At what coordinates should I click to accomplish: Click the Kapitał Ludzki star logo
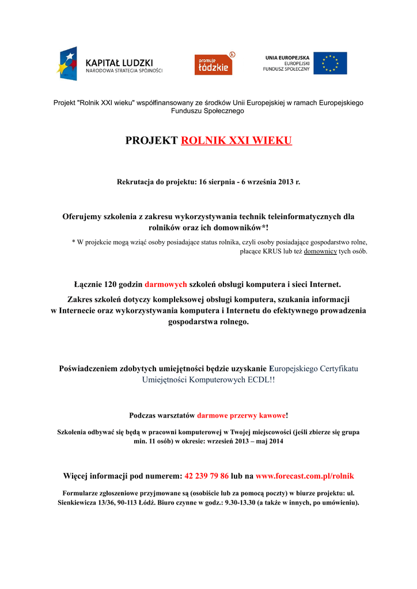click(67, 63)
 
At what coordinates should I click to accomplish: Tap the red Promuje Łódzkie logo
click(213, 64)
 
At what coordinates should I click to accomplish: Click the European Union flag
click(330, 63)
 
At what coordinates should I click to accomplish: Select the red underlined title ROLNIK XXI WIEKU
click(236, 141)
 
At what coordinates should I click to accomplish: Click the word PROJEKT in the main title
click(151, 141)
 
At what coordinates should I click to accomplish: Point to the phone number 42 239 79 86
click(206, 476)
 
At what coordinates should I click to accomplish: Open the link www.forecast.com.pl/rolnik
click(305, 476)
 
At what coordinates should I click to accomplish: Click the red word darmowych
click(166, 284)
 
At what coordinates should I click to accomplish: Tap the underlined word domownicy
click(320, 251)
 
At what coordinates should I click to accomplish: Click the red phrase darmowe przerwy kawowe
click(241, 415)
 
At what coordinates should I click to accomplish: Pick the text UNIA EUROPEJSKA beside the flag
click(287, 58)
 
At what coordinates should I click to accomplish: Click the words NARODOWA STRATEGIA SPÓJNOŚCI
click(124, 71)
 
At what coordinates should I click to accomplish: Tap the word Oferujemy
click(82, 217)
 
